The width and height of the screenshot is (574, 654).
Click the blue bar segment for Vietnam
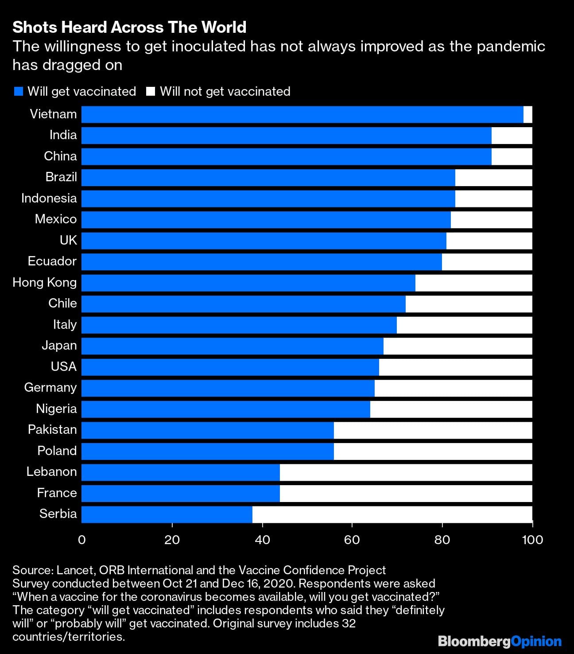[x=302, y=114]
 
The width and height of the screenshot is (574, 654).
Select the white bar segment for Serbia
[x=392, y=514]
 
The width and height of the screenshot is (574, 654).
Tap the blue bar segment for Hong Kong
[x=248, y=283]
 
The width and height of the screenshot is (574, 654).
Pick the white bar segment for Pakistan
[x=433, y=430]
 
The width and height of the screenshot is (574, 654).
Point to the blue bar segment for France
[x=181, y=493]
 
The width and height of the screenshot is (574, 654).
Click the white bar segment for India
[x=512, y=136]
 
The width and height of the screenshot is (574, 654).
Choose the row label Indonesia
[x=49, y=198]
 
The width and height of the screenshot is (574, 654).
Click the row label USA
[x=64, y=366]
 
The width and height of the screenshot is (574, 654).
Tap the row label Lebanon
[x=51, y=471]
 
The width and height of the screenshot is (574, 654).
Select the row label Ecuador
[x=52, y=261]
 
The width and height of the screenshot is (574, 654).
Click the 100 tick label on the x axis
[x=532, y=539]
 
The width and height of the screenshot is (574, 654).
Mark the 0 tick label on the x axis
[x=82, y=539]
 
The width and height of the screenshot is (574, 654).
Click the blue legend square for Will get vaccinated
[x=19, y=92]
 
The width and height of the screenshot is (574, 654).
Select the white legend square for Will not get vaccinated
[x=151, y=92]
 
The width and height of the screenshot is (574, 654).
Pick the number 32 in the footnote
[x=349, y=623]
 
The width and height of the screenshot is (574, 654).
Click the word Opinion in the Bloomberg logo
[x=536, y=641]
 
